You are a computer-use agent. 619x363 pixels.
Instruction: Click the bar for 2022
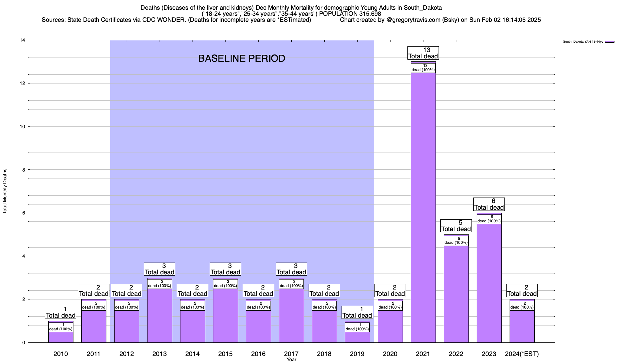click(x=456, y=293)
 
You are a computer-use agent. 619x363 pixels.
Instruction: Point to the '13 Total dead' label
click(x=423, y=53)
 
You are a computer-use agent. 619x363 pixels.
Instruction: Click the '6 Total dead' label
click(x=489, y=204)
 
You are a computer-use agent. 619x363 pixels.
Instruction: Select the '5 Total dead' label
click(x=456, y=226)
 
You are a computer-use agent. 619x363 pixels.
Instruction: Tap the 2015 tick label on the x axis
click(x=225, y=354)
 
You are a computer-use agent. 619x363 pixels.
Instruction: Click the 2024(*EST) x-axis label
click(x=522, y=354)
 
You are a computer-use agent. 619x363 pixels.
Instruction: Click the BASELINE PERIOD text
click(x=241, y=58)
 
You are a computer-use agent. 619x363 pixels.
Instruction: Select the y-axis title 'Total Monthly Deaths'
click(x=5, y=191)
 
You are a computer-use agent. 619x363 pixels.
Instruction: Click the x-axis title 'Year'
click(x=291, y=360)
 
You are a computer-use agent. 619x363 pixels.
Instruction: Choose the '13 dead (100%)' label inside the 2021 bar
click(x=423, y=68)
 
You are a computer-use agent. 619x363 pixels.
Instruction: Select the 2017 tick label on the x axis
click(x=291, y=354)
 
